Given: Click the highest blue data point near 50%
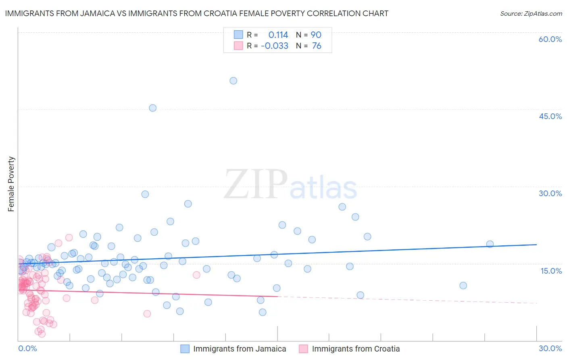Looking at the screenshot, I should (x=233, y=81).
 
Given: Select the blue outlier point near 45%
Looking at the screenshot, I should (x=152, y=108).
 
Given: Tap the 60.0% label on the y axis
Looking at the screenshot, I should (x=550, y=39).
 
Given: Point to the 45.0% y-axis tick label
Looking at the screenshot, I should (x=550, y=116).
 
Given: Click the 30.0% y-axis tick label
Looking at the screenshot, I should (x=550, y=193).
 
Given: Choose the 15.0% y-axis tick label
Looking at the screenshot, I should (x=551, y=271).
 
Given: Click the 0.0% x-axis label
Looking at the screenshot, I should (x=27, y=348).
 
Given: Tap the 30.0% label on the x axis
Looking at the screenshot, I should (x=550, y=348).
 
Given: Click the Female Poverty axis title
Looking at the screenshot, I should (x=11, y=184).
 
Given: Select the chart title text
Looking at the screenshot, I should (x=197, y=13).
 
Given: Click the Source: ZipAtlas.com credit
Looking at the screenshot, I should (x=531, y=13).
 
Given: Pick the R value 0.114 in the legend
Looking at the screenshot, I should (x=278, y=35).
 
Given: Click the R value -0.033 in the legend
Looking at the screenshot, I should (x=275, y=46).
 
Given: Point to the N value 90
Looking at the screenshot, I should (x=316, y=35).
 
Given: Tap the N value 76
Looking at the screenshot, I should (x=317, y=46).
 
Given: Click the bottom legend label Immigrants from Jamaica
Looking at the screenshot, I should (x=240, y=349).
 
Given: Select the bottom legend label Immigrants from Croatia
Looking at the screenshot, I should (x=356, y=349).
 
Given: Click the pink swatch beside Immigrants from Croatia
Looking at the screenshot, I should (x=303, y=349).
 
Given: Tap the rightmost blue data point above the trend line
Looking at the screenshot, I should (x=490, y=244).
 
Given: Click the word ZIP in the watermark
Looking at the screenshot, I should (x=256, y=184).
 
